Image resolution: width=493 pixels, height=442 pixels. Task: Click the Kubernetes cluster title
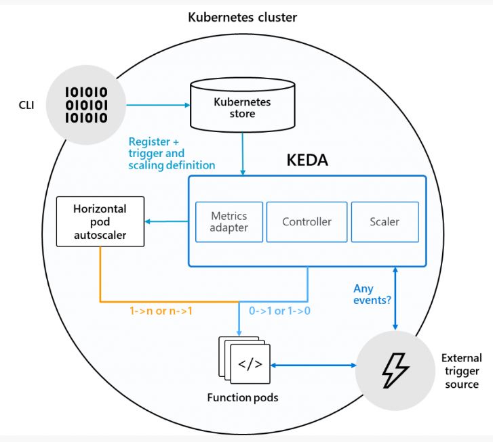coord(242,18)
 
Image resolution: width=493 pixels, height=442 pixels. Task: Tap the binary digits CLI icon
coord(86,105)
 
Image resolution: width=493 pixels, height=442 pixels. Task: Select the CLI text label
coord(26,105)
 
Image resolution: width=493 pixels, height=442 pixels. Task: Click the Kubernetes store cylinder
coord(242,105)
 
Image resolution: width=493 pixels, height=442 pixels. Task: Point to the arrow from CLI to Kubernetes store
coord(158,105)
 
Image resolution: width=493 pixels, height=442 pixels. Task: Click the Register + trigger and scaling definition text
coord(172,153)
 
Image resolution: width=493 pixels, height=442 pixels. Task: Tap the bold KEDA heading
coord(307,160)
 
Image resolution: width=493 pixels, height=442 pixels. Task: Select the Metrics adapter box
coord(229,221)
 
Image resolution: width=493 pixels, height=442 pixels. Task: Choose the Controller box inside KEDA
coord(307,221)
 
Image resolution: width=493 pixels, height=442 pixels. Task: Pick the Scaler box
coord(385,221)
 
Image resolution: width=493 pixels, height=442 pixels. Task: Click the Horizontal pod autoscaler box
coord(100,221)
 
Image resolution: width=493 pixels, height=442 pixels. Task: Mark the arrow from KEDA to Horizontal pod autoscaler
coord(167,221)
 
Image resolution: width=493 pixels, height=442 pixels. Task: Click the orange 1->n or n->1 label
coord(161,311)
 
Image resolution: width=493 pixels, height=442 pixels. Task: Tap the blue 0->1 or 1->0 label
coord(279,311)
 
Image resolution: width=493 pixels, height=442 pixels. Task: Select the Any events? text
coord(372,294)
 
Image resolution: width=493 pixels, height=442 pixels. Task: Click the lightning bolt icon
coord(395,370)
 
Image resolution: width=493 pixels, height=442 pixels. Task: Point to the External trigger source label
coord(462,371)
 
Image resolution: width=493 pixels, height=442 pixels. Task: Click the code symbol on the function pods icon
coord(250,364)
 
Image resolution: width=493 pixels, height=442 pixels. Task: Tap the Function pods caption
coord(243,397)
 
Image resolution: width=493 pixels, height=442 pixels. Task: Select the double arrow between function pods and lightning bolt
coord(313,365)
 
